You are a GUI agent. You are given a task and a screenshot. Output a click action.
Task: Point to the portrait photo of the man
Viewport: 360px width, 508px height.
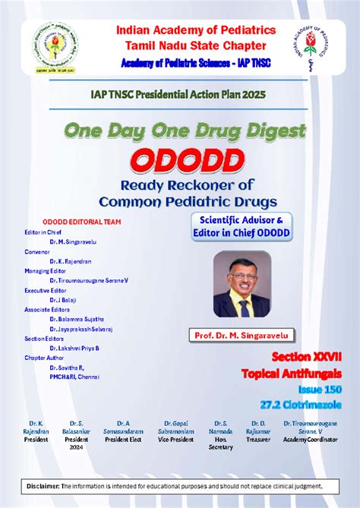click(242, 284)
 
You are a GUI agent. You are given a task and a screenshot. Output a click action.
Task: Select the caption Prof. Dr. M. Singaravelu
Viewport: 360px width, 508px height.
click(242, 335)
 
